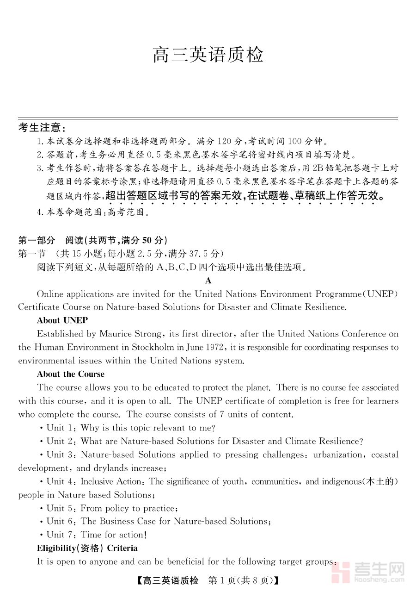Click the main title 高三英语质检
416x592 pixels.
click(x=208, y=55)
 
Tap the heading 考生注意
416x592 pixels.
click(x=42, y=128)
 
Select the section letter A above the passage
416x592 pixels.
click(x=208, y=280)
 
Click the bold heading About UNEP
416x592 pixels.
click(x=62, y=320)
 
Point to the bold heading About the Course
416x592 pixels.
click(x=71, y=374)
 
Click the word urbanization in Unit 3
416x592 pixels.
click(x=338, y=455)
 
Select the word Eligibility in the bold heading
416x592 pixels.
click(x=56, y=548)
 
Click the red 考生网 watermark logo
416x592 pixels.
click(x=370, y=572)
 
